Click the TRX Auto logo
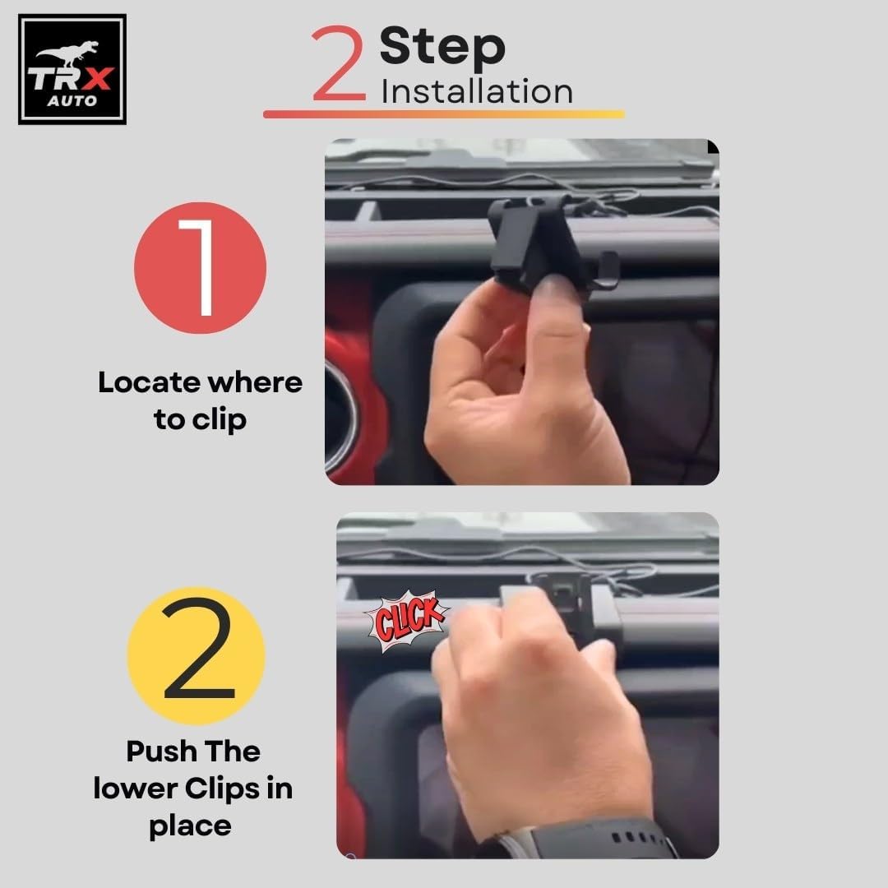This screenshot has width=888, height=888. pos(72,69)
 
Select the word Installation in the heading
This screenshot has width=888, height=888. pos(477,92)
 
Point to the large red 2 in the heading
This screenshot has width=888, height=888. pos(338,63)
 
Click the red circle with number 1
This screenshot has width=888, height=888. pos(200,267)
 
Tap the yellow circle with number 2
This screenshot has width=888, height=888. pos(197,656)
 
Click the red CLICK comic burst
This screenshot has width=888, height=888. pos(405,620)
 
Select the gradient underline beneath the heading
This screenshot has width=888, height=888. pos(443,114)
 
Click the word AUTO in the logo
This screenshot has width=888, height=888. pos(72,101)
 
